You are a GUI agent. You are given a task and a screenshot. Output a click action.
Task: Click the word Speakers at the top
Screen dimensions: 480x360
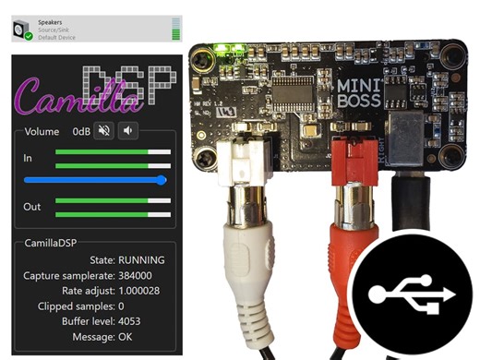tap(51, 20)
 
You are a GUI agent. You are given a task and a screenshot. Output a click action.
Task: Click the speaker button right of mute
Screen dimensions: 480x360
tap(127, 131)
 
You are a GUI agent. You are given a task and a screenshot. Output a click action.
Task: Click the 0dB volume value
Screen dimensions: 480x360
tap(80, 131)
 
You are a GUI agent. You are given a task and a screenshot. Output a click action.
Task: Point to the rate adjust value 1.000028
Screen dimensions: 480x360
tap(142, 291)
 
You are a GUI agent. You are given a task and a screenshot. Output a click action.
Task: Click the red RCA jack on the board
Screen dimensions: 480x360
tap(348, 162)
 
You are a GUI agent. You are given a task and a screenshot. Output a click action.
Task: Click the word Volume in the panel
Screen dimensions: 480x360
tap(42, 131)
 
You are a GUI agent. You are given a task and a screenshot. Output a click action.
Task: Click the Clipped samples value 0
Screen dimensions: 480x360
tap(121, 306)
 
